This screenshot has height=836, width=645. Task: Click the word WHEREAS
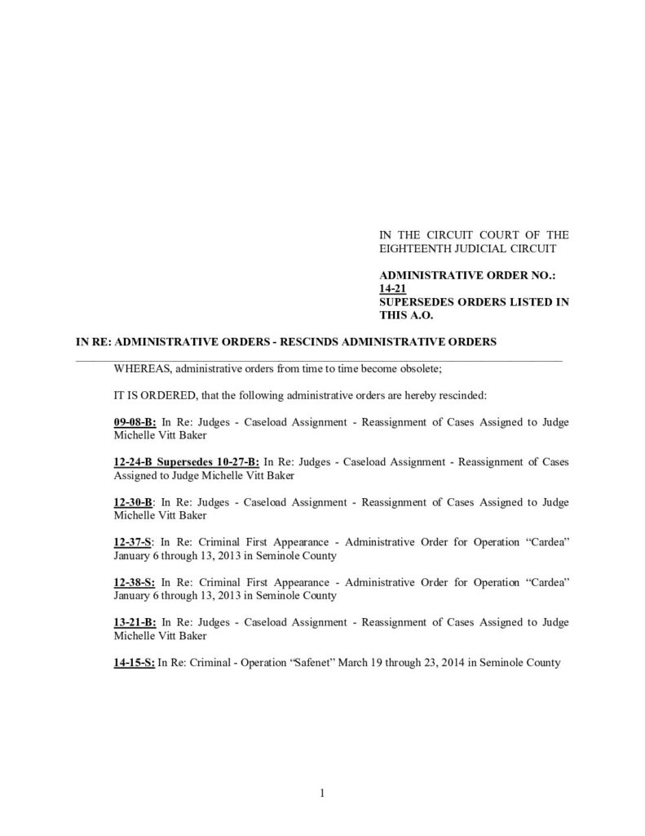coord(142,368)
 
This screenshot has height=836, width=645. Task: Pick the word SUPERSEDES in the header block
coord(414,301)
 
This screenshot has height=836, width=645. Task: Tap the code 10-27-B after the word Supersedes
coord(236,461)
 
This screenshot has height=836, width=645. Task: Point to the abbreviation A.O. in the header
coord(423,314)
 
